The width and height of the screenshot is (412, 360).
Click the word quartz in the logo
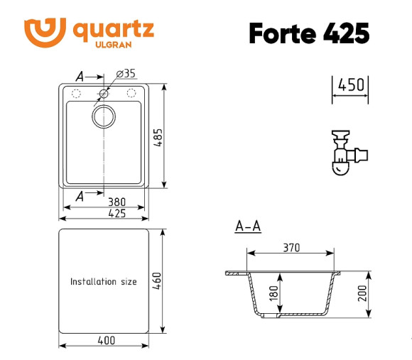pyautogui.click(x=113, y=29)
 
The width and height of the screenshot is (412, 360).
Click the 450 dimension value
pyautogui.click(x=351, y=85)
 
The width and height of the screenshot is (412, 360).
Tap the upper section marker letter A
pyautogui.click(x=80, y=76)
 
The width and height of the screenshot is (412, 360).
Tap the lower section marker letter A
pyautogui.click(x=80, y=196)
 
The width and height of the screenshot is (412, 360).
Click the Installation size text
pyautogui.click(x=103, y=282)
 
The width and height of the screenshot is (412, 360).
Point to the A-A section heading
pyautogui.click(x=248, y=227)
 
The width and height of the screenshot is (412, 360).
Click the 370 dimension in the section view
pyautogui.click(x=291, y=248)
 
